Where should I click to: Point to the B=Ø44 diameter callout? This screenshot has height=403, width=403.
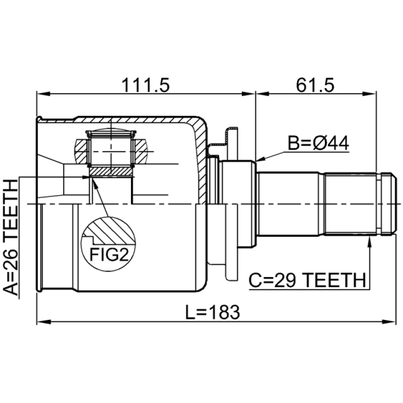pyautogui.click(x=318, y=144)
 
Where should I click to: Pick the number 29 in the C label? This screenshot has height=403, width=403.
pyautogui.click(x=289, y=280)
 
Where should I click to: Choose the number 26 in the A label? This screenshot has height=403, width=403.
pyautogui.click(x=11, y=256)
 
